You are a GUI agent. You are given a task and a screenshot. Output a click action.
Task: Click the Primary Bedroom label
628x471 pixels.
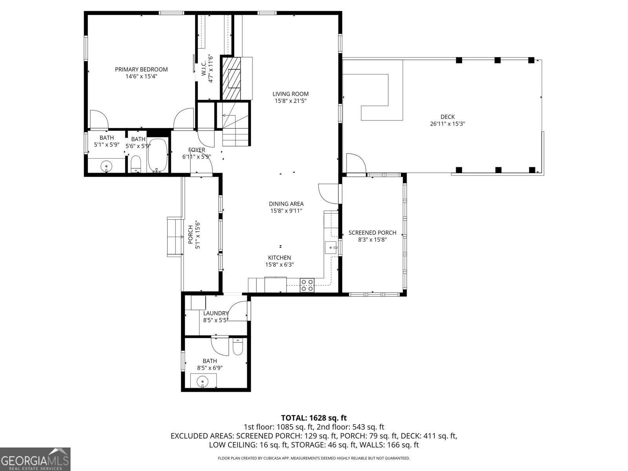coord(141,69)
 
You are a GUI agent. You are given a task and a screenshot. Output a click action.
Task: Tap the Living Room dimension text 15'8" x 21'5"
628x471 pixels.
coord(290,101)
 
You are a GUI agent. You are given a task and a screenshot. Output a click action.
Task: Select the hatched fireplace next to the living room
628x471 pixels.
coord(231,78)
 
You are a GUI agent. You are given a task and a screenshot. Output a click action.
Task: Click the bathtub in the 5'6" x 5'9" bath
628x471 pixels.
coord(158,155)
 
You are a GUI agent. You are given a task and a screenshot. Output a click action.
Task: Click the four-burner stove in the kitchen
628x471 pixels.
coord(307,285)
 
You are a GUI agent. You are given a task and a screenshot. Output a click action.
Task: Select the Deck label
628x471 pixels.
coord(447,117)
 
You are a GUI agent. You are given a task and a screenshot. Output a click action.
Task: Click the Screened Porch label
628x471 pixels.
coord(372,233)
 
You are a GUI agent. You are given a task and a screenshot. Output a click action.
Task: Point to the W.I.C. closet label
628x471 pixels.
coord(204,69)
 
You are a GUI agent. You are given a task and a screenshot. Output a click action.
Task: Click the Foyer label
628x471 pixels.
coord(197,150)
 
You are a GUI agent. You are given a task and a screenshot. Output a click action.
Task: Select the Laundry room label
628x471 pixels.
coord(215,313)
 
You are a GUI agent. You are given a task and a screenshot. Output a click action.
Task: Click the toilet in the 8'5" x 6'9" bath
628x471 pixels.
coord(237,347)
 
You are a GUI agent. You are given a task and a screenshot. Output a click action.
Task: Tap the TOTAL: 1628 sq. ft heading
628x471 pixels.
coord(314,418)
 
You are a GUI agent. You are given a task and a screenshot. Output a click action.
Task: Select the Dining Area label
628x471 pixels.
coord(286,204)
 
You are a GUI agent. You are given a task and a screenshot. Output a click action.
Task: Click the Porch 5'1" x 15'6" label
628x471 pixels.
coord(191,235)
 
